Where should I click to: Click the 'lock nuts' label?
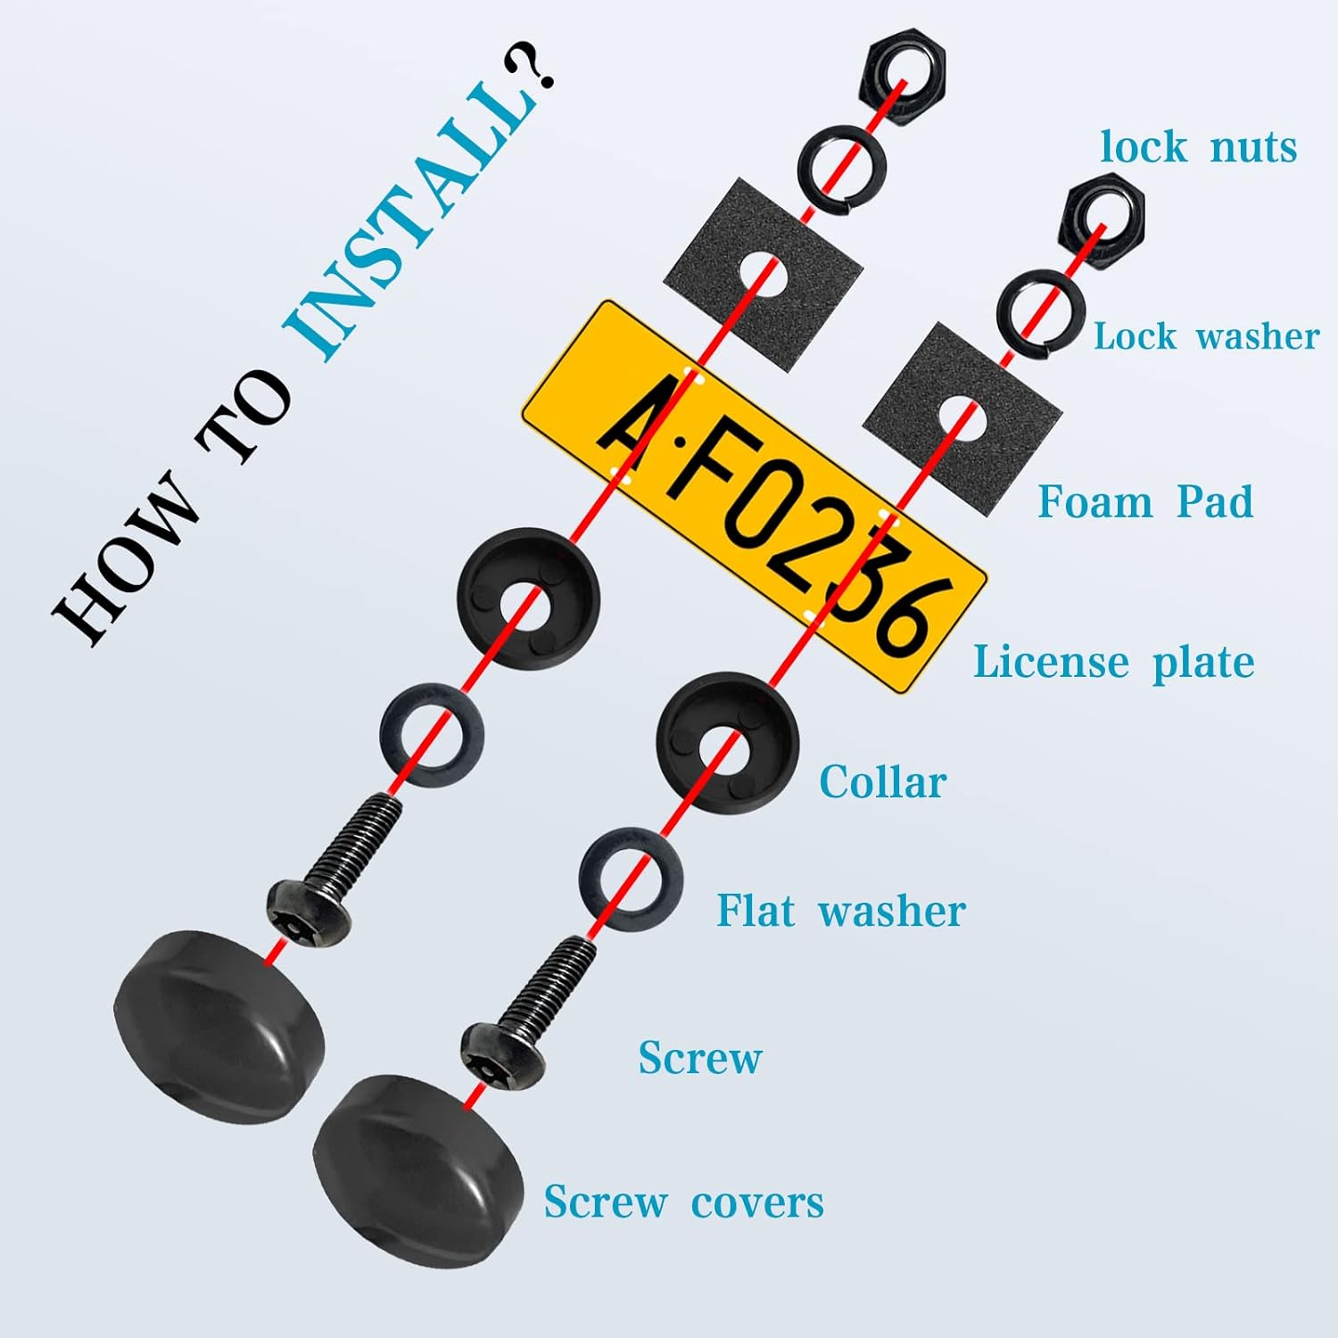pos(1198,147)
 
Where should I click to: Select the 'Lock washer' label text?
pos(1206,337)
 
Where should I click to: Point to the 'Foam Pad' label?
pos(1145,501)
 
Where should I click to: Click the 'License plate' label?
pos(1113,663)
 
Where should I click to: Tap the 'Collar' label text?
pos(882,782)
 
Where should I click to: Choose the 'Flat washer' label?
pos(840,912)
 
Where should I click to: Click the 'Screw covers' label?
pos(683,1202)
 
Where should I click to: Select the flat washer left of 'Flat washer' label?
pos(631,879)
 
